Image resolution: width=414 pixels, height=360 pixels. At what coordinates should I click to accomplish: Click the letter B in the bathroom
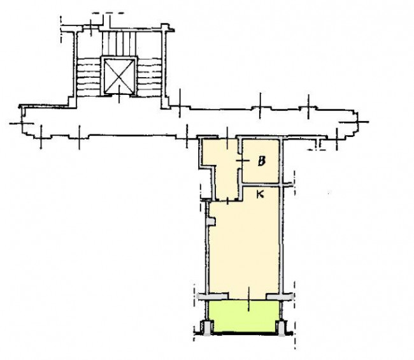click(x=261, y=161)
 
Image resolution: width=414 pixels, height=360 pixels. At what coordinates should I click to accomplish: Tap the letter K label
click(x=260, y=194)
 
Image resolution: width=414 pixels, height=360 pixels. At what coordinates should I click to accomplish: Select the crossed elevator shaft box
click(x=119, y=76)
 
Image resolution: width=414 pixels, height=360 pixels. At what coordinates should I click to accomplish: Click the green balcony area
click(x=244, y=316)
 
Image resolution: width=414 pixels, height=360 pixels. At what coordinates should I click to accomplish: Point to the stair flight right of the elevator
click(x=149, y=77)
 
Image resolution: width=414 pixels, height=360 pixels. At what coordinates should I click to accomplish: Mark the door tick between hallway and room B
click(x=243, y=161)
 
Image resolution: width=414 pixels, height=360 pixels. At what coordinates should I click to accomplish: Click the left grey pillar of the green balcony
click(x=206, y=328)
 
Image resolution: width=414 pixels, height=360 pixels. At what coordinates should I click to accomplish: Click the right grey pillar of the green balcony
click(x=282, y=328)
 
